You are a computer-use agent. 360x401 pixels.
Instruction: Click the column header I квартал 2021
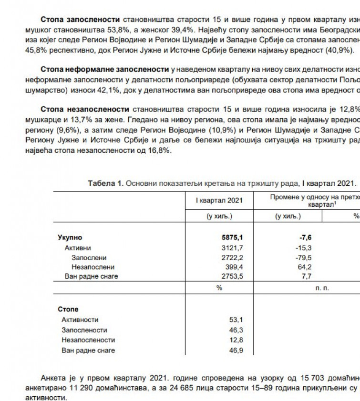click(x=219, y=200)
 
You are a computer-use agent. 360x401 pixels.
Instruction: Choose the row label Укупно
click(x=70, y=237)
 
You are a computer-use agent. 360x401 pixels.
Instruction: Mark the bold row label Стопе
click(x=68, y=309)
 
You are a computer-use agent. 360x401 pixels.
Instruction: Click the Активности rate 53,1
click(x=236, y=320)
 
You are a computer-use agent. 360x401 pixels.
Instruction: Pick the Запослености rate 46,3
click(x=236, y=330)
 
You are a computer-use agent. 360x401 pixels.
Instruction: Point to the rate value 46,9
click(x=236, y=351)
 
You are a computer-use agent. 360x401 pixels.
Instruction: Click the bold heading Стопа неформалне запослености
click(x=105, y=70)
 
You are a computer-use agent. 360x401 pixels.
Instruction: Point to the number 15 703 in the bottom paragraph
click(x=307, y=378)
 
